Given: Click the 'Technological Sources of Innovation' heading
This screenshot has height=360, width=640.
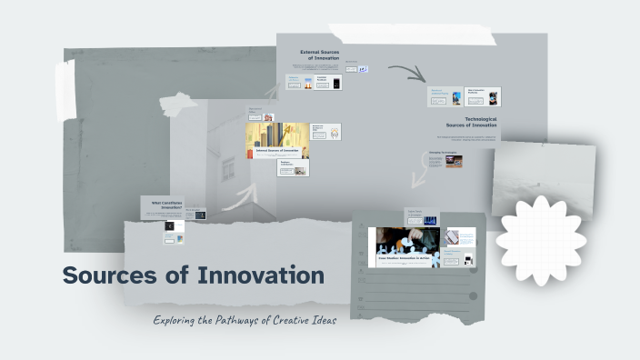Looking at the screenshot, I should click(x=471, y=122).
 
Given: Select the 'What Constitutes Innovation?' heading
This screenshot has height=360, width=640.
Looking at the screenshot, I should click(x=165, y=205).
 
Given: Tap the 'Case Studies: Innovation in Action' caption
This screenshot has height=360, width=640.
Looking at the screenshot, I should click(x=408, y=259).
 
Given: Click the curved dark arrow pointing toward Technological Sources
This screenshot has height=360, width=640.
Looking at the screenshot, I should click(x=407, y=73).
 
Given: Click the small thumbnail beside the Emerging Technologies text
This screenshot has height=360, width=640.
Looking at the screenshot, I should click(x=454, y=162).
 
